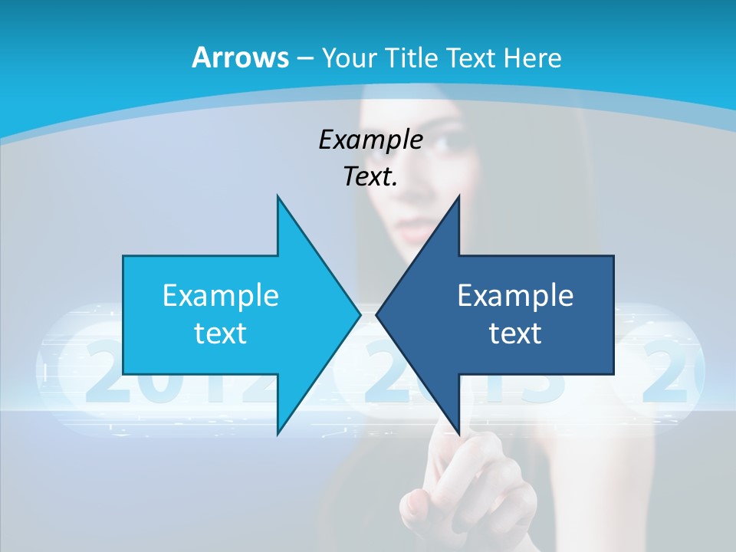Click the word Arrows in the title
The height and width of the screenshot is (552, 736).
(x=239, y=58)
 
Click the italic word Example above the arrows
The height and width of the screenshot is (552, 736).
(x=370, y=140)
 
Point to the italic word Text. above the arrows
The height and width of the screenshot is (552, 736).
(x=370, y=177)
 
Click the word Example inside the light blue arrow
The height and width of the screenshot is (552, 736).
(x=220, y=295)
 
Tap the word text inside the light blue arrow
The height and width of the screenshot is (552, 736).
(x=220, y=333)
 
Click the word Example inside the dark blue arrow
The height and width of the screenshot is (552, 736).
(x=515, y=295)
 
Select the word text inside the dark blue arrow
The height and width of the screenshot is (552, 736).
(x=515, y=333)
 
